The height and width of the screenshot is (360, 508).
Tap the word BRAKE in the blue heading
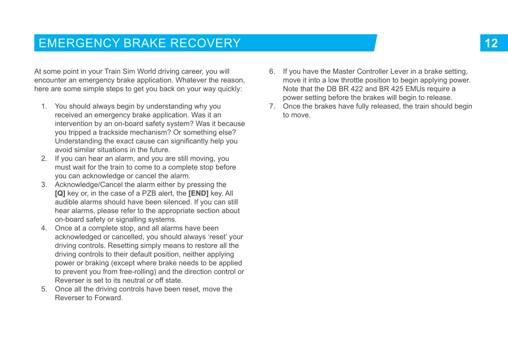coord(145,43)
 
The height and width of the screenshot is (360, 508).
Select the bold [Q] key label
coord(60,193)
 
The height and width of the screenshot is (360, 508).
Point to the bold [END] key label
coord(198,193)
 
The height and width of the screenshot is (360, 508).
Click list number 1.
coord(44,106)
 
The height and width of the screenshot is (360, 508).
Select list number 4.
coord(44,228)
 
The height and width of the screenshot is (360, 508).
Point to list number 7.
coord(272,106)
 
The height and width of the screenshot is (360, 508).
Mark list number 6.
coord(272,71)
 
